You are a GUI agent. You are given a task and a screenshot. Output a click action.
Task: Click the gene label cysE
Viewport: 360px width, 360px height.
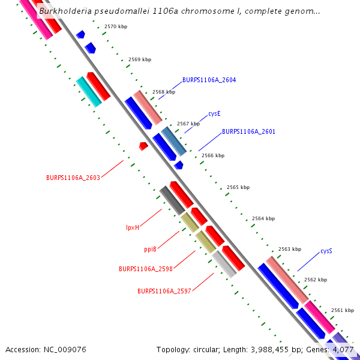[x=214, y=113]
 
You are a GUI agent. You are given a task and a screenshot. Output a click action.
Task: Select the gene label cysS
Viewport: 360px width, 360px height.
[x=326, y=251]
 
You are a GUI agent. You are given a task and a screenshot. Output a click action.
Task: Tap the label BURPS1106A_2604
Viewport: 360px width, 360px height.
[x=209, y=80]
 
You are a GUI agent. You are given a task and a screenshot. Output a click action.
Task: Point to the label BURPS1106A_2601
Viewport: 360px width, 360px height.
[x=248, y=131]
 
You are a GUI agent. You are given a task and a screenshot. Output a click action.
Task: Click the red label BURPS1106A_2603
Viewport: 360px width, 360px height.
[x=73, y=178]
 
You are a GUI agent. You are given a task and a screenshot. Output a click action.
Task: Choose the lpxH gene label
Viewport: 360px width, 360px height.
[x=133, y=227]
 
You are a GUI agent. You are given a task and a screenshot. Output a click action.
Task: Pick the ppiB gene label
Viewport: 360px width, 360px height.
[x=150, y=249]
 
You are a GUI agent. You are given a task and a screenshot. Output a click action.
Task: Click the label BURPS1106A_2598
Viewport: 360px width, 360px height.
[x=146, y=269]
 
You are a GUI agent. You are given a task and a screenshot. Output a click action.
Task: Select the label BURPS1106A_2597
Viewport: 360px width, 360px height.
[x=164, y=291]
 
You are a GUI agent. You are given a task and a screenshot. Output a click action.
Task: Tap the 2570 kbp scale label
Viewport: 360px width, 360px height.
[x=115, y=27]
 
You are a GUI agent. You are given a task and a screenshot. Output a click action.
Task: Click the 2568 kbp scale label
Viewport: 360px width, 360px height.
[x=163, y=92]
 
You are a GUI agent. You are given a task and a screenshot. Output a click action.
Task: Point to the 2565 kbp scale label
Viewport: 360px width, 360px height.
[x=238, y=188]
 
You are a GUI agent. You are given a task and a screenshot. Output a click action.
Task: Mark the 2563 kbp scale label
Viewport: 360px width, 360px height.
[x=289, y=249]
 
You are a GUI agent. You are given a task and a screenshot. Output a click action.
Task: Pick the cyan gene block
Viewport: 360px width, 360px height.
[x=89, y=92]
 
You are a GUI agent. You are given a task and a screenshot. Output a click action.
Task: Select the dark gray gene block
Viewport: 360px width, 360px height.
[x=172, y=200]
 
